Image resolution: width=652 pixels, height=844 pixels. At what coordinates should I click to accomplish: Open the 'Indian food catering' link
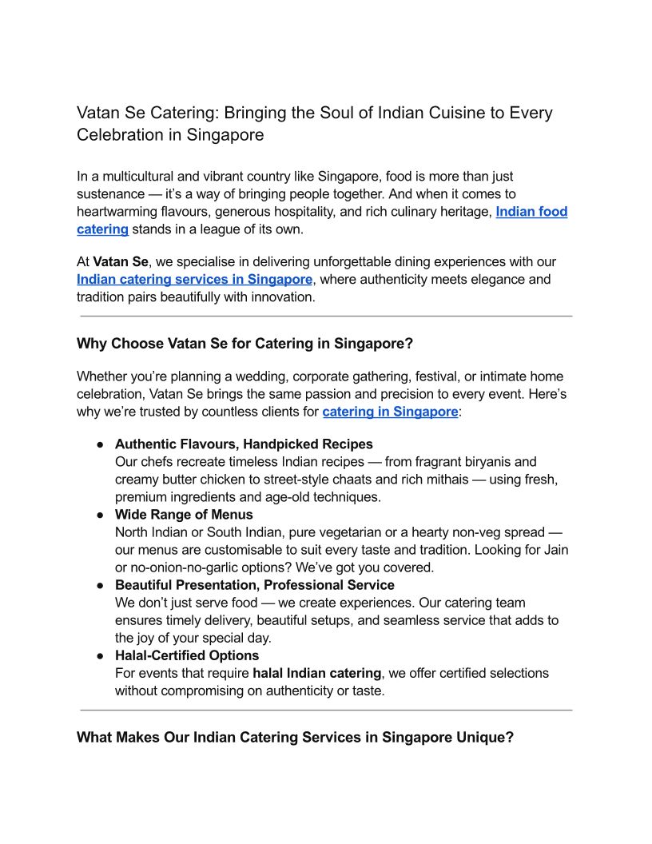click(531, 212)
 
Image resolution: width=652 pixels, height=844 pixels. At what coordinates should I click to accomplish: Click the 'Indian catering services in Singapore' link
click(194, 280)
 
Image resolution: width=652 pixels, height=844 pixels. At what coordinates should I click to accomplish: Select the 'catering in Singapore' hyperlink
click(390, 412)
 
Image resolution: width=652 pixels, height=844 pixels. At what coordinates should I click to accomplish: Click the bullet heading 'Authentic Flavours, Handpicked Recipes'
click(244, 444)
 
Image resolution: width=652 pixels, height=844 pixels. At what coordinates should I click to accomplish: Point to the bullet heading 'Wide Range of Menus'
click(184, 515)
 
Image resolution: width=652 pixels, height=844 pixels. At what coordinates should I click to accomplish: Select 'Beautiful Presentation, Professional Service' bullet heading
click(254, 585)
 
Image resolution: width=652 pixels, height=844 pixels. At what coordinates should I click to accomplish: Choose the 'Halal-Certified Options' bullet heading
click(187, 655)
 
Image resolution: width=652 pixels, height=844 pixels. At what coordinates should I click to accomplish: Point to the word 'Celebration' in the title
click(119, 135)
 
